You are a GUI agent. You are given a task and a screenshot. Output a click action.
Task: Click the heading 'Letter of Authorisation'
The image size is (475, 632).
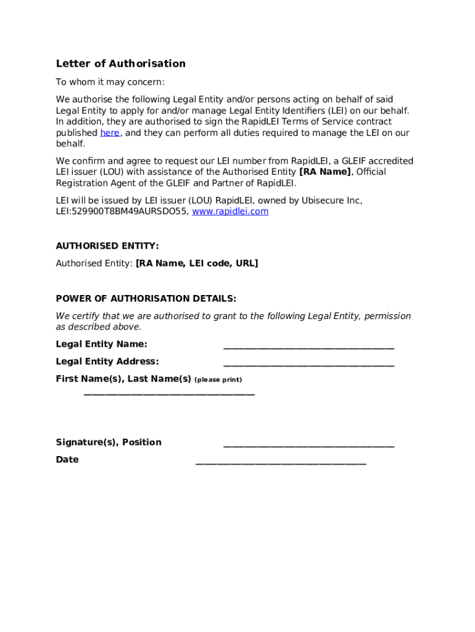point(120,64)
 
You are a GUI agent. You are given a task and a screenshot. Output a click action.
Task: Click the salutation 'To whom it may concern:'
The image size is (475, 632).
point(110,82)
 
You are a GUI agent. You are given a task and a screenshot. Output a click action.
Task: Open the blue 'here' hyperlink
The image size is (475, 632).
point(109,133)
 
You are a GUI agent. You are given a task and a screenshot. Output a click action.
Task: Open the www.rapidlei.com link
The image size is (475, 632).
point(230,211)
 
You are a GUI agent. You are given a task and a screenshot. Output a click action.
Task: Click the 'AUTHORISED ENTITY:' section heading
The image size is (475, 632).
point(107,246)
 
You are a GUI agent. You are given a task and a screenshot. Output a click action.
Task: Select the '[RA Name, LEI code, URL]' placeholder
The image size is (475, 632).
point(197,263)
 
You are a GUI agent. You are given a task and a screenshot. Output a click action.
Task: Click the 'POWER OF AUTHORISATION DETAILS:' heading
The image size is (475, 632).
point(146,298)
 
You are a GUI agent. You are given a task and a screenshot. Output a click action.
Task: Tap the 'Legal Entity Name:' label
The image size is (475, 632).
point(101,344)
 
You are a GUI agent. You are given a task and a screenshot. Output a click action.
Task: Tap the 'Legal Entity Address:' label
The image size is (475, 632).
point(107,361)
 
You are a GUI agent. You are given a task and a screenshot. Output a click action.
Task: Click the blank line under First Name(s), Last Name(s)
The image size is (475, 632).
point(168,393)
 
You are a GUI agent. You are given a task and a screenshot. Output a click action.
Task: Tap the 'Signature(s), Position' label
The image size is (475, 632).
point(109,442)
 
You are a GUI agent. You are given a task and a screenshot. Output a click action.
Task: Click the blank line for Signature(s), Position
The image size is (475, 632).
point(308,445)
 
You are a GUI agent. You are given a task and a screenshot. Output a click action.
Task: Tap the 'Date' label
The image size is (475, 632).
point(67,459)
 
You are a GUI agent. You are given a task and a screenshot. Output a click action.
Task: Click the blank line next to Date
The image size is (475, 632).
point(281,462)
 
